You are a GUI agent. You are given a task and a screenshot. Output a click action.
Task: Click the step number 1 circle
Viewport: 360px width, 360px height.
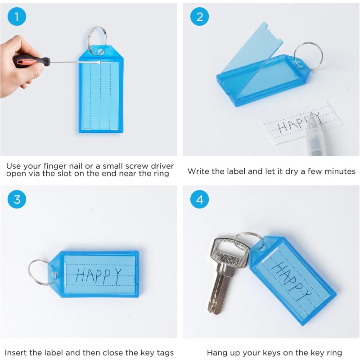tap(17, 17)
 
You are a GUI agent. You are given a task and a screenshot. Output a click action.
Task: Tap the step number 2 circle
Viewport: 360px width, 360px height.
tap(199, 17)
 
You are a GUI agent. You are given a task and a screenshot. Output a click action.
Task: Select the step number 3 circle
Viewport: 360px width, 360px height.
tap(17, 199)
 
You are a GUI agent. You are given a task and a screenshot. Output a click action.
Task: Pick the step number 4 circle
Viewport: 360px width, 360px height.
tap(199, 199)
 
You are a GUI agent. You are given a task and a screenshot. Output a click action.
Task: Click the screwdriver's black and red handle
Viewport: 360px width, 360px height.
tap(31, 61)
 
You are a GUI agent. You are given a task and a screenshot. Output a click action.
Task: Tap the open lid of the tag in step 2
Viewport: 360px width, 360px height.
tap(250, 54)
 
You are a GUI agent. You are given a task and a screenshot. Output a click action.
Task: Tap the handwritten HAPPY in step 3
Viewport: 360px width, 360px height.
tap(99, 275)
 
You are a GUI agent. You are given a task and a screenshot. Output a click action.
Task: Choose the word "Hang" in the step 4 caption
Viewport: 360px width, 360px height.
tap(218, 353)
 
